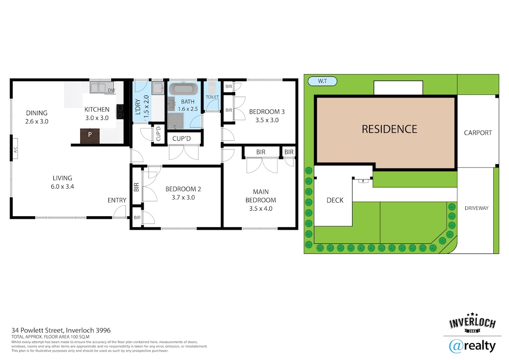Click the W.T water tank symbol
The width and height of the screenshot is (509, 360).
tap(322, 81)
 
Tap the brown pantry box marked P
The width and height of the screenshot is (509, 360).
tap(90, 136)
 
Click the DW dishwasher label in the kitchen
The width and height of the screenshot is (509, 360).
tap(111, 90)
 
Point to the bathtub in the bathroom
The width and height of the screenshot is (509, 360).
tap(183, 89)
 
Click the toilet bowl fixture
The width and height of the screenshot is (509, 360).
tap(212, 88)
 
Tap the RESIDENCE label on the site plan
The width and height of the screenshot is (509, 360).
tap(389, 129)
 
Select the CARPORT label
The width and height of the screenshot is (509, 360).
tap(478, 133)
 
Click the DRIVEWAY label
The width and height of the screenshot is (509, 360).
tap(476, 208)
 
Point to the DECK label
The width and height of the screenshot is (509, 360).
tap(335, 200)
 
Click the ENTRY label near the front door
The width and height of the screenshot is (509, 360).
tap(117, 200)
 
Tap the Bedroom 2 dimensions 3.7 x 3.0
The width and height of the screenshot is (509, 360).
tap(183, 197)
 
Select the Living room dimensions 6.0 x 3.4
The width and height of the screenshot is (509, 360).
tap(62, 187)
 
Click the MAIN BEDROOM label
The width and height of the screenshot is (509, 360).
tap(260, 196)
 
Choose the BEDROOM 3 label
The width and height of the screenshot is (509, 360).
tap(267, 112)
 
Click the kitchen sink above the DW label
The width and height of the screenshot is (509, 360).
tap(98, 87)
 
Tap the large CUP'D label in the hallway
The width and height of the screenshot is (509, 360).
tap(182, 139)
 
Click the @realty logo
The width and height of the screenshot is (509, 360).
tap(472, 346)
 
